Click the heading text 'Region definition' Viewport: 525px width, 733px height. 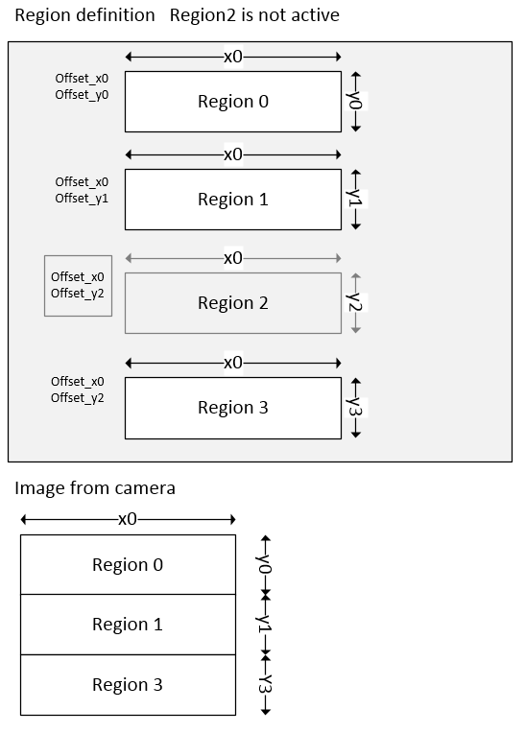(x=84, y=15)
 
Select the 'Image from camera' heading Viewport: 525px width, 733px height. (x=95, y=488)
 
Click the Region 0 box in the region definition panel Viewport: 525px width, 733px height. (x=233, y=102)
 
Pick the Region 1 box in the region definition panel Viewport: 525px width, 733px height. (x=233, y=200)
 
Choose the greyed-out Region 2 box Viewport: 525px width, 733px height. (x=233, y=303)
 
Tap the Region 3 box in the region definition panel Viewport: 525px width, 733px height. (x=233, y=408)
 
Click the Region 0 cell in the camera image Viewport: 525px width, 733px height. (x=128, y=565)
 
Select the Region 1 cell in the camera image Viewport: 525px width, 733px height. (x=128, y=625)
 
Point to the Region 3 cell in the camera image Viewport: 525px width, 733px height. (x=128, y=685)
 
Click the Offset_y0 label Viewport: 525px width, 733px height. (x=82, y=94)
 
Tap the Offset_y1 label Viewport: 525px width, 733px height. (x=82, y=198)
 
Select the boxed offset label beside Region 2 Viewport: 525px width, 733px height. (x=78, y=285)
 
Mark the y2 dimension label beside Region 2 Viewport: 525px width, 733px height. (x=356, y=302)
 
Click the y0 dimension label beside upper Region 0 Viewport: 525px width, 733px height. (x=356, y=101)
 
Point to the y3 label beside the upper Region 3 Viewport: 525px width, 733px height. (x=356, y=407)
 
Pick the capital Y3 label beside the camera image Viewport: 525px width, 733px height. (x=266, y=685)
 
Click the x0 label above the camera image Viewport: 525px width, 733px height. (x=128, y=519)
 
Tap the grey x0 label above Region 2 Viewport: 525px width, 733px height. (x=233, y=258)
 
